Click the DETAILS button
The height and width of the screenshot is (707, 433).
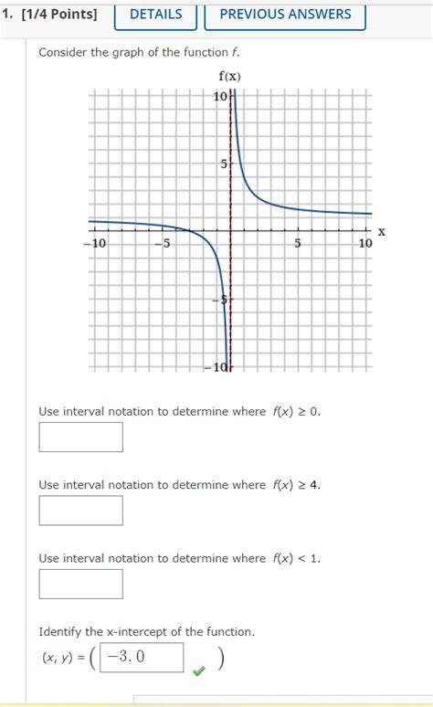[x=155, y=15]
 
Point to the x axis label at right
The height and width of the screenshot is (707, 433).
[x=382, y=233]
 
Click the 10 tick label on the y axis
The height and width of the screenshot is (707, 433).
[x=220, y=97]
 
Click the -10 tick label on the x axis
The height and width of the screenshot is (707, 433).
[x=95, y=244]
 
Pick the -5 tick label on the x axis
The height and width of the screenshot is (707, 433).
[x=161, y=244]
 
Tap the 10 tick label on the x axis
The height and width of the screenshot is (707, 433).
[x=364, y=244]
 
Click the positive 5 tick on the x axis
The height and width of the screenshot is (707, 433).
[x=298, y=244]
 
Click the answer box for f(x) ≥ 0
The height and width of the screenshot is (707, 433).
[x=80, y=437]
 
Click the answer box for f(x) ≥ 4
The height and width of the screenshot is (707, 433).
[x=80, y=510]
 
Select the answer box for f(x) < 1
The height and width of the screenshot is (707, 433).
[x=80, y=584]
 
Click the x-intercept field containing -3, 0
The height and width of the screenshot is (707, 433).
[x=142, y=657]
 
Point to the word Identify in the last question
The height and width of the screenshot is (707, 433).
[x=60, y=631]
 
